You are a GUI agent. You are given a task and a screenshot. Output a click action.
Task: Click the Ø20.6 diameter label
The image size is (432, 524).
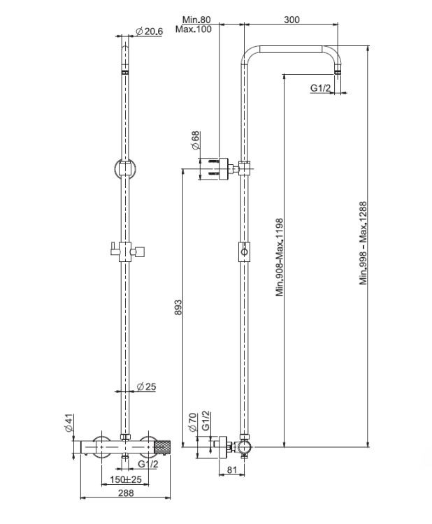tap(149, 31)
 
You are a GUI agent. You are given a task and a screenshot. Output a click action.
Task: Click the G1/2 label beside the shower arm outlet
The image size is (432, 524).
tap(320, 89)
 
